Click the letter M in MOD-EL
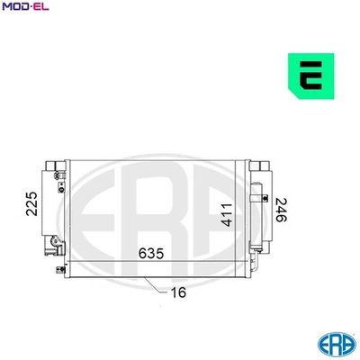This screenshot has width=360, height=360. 6,7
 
